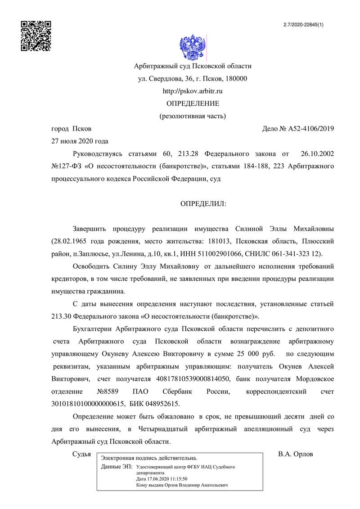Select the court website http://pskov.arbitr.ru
(193, 91)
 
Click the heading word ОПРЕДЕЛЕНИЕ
(193, 104)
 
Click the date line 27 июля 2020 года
(80, 141)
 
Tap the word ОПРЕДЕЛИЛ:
(203, 204)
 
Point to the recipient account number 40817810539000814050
(193, 378)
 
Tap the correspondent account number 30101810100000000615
(85, 404)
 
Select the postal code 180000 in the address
(236, 79)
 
